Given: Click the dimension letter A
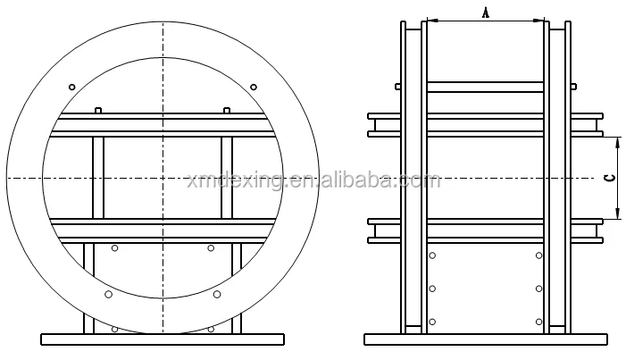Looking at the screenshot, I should pyautogui.click(x=486, y=11).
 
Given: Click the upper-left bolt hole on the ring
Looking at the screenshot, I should pyautogui.click(x=71, y=87).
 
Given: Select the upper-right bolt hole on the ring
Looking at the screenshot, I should pyautogui.click(x=254, y=87).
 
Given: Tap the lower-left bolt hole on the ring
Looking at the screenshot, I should pyautogui.click(x=108, y=293).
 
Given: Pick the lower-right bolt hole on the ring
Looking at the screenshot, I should pyautogui.click(x=217, y=293).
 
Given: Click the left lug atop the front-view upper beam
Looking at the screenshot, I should pyautogui.click(x=98, y=110).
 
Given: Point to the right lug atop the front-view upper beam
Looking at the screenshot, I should pyautogui.click(x=227, y=110).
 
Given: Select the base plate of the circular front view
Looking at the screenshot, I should pyautogui.click(x=163, y=339).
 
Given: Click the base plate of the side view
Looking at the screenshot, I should pyautogui.click(x=485, y=339).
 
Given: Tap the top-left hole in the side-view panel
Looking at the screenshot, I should pyautogui.click(x=432, y=255).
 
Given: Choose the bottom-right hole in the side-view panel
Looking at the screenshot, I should pyautogui.click(x=538, y=321).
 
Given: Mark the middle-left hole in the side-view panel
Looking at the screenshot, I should pyautogui.click(x=432, y=288).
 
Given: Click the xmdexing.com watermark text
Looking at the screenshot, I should pyautogui.click(x=313, y=181).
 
